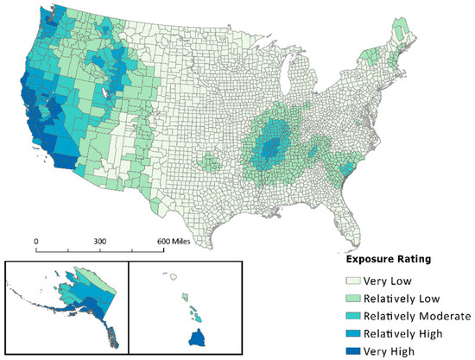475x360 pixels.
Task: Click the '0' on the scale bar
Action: (35, 240)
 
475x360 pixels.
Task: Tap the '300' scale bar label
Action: (98, 240)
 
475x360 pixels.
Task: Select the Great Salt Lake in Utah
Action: (105, 87)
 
